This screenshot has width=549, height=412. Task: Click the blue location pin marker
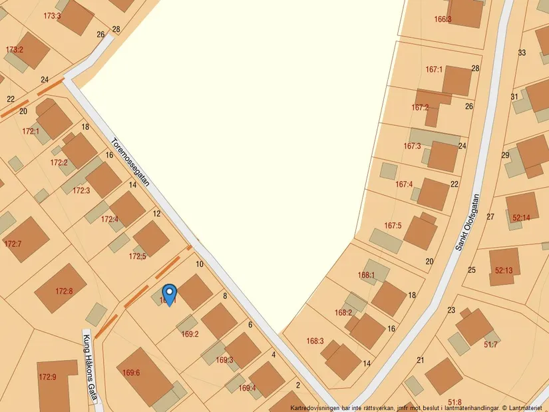tap(170, 294)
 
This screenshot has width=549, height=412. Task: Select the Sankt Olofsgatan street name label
tap(467, 223)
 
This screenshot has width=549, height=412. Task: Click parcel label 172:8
tap(64, 291)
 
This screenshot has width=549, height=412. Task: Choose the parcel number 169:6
tap(131, 373)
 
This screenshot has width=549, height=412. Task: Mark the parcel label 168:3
tap(315, 341)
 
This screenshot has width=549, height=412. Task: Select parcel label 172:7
tap(13, 244)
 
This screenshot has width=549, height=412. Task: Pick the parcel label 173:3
tap(52, 15)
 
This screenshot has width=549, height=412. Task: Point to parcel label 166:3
tap(443, 19)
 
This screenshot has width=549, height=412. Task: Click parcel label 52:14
tap(521, 218)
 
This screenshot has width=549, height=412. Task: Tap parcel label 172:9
tap(47, 377)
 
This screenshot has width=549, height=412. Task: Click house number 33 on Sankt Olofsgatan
tap(522, 53)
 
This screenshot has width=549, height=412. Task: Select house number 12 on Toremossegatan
tap(157, 214)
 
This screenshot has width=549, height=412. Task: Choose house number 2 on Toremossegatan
tap(297, 385)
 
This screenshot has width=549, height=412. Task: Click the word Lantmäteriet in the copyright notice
tap(526, 407)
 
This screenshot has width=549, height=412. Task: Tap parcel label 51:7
tap(490, 344)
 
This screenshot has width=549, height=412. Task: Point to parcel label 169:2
tap(190, 334)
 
